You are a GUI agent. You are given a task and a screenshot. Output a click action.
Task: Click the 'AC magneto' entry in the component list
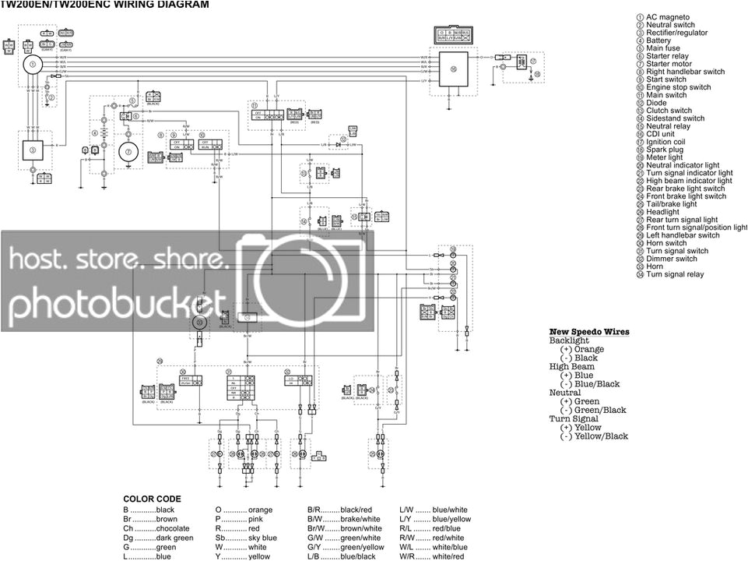(668, 17)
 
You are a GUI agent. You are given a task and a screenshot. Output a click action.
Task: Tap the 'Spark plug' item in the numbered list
(666, 150)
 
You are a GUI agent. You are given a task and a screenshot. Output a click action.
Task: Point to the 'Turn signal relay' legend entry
(674, 274)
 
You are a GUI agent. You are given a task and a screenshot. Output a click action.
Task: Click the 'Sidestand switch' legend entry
(675, 118)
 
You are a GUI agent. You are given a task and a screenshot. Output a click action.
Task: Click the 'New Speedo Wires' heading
(589, 332)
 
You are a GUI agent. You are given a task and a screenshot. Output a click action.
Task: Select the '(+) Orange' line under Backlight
(581, 349)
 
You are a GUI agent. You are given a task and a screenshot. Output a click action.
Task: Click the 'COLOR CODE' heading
(152, 499)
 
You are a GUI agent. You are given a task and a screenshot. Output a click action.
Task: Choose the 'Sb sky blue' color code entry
(246, 538)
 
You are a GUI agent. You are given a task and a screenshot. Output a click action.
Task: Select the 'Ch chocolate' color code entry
(156, 528)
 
